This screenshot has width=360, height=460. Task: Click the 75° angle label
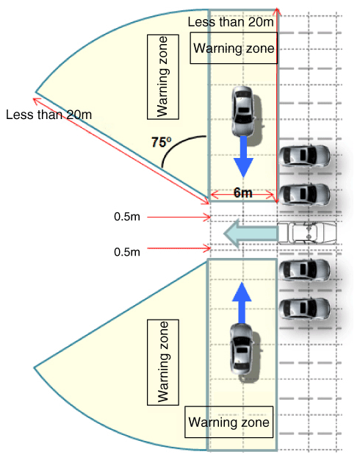coord(162,143)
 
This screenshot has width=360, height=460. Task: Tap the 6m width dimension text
coord(243,193)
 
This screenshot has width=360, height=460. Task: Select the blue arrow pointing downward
coord(243,157)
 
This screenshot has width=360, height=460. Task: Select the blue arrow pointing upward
coord(242,303)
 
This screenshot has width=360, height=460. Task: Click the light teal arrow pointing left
coord(251,233)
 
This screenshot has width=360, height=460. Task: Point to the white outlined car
coord(307,233)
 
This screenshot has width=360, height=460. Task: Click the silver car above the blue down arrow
coord(242,111)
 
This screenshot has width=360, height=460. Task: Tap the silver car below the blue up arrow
coord(242,349)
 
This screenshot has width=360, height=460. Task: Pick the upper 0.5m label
coord(127,217)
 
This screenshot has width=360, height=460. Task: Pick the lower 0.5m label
coord(127,252)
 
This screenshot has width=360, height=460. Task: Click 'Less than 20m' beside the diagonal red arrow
coord(48,115)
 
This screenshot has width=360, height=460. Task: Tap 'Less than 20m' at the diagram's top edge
coord(231,22)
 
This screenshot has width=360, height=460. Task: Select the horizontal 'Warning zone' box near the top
coord(234,48)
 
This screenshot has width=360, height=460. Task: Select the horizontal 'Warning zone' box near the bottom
coord(228,422)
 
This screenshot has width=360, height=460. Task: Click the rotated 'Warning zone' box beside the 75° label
coord(163,77)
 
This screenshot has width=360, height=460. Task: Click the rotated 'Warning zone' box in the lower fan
coord(163,362)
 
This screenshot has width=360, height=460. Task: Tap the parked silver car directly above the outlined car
coord(304,195)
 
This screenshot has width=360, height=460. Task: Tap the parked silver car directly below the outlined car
coord(304,270)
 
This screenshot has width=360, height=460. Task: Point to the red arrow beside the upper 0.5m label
coord(179,218)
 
